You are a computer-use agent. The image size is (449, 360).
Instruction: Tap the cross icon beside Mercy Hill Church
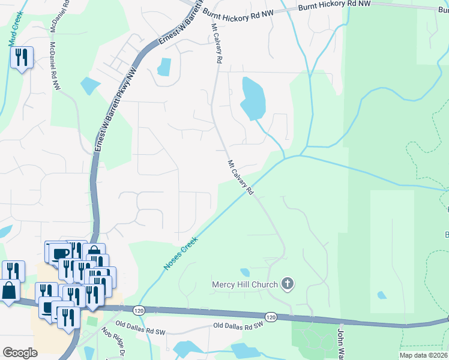tap(288, 284)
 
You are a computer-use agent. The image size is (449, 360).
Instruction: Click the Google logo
tap(20, 353)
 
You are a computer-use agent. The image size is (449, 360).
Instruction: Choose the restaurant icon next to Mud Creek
tap(22, 58)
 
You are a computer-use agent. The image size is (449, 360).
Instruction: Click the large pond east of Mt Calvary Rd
tap(253, 98)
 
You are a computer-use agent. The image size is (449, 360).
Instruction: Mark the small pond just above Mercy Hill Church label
tap(245, 272)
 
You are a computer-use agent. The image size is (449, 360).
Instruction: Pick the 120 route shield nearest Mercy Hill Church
tap(270, 316)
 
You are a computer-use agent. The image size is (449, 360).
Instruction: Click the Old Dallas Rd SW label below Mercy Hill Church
tap(238, 325)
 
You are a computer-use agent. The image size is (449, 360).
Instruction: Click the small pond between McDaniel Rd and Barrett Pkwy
tap(90, 86)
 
